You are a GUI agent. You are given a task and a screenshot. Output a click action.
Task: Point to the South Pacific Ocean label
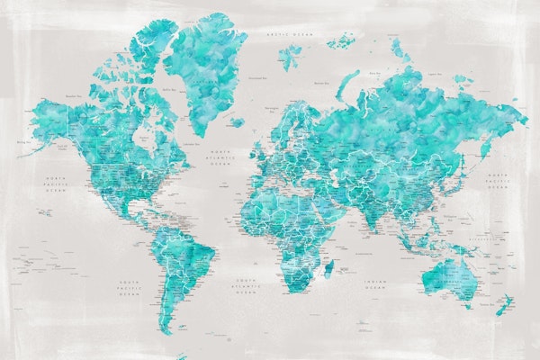click(x=130, y=288)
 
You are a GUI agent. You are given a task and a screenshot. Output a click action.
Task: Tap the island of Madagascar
click(x=328, y=267)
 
